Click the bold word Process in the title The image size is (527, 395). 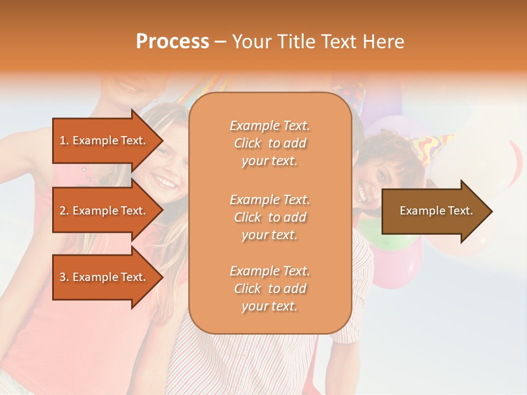tap(172, 42)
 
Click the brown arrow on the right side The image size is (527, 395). tap(434, 211)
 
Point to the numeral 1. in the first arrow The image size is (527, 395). tap(64, 140)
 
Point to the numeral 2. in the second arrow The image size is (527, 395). tap(64, 211)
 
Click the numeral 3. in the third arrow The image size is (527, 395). tap(64, 277)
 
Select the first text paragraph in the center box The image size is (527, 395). tap(270, 143)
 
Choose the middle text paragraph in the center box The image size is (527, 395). tap(270, 217)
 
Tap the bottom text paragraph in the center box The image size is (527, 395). tap(270, 289)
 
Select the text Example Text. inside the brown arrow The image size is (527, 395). tap(436, 211)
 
